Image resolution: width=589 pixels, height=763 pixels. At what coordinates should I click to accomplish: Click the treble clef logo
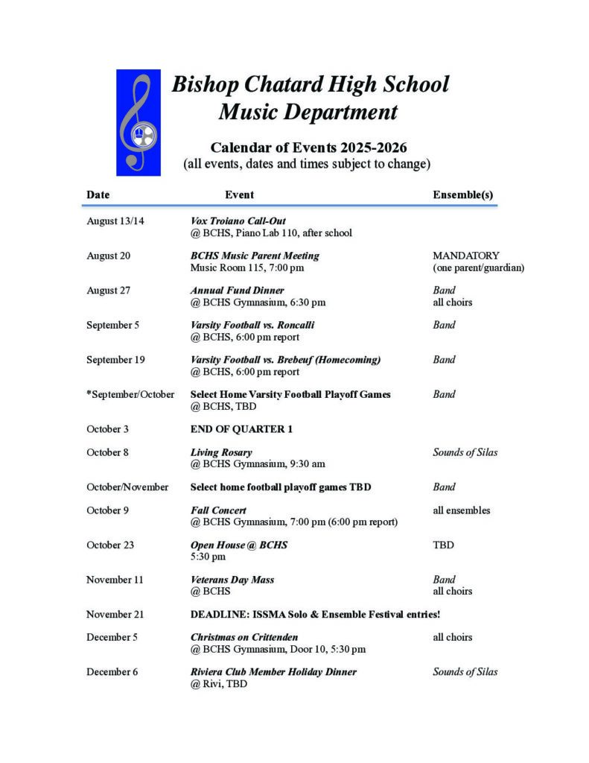[139, 122]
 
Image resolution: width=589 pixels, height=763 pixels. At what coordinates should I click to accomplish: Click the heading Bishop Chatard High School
[310, 84]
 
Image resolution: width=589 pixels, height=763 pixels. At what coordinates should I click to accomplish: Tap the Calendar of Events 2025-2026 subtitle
[308, 147]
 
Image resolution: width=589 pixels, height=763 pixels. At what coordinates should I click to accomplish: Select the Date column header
[98, 194]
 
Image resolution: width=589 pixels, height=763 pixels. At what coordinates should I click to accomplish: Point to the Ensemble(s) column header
[462, 194]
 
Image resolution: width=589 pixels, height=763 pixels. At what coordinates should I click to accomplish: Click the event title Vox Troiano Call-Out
[238, 221]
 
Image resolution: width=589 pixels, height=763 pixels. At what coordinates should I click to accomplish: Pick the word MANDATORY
[465, 256]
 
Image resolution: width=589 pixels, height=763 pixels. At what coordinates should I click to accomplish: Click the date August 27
[108, 290]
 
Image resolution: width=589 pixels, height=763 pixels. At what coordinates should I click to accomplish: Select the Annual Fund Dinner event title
[237, 290]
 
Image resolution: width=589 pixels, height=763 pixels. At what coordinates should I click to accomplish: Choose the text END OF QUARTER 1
[241, 428]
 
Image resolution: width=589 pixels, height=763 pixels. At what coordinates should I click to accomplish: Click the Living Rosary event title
[221, 452]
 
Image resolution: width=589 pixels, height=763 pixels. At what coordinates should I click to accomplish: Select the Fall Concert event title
[218, 510]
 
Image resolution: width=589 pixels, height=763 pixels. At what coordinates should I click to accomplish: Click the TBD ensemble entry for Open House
[443, 545]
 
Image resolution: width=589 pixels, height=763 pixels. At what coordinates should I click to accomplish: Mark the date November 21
[115, 614]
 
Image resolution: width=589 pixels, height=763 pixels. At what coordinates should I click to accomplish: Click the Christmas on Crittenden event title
[244, 637]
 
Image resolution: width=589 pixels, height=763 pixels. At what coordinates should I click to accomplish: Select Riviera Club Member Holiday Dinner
[273, 671]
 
